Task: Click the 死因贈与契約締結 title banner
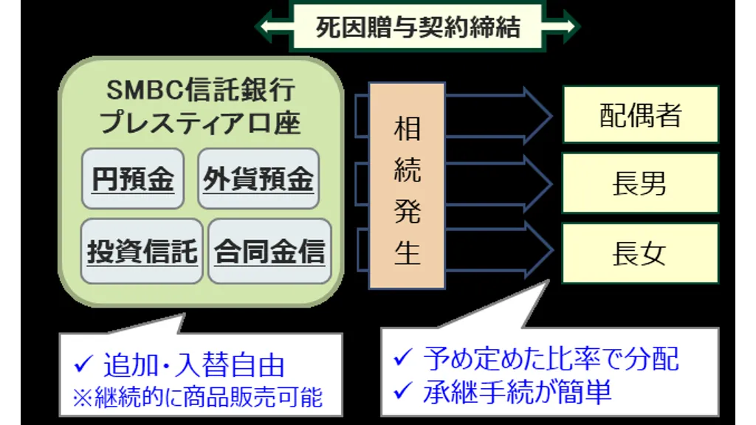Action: tap(418, 27)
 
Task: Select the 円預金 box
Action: tap(133, 179)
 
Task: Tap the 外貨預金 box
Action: tap(258, 179)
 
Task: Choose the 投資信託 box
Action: tap(142, 252)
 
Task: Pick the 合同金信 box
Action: tap(269, 252)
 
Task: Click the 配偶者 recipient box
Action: tap(639, 114)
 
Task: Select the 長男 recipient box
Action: tap(639, 184)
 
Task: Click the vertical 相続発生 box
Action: tap(407, 185)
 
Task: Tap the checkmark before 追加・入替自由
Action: tap(83, 364)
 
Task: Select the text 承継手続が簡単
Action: tap(517, 392)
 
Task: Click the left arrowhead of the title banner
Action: tap(264, 27)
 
